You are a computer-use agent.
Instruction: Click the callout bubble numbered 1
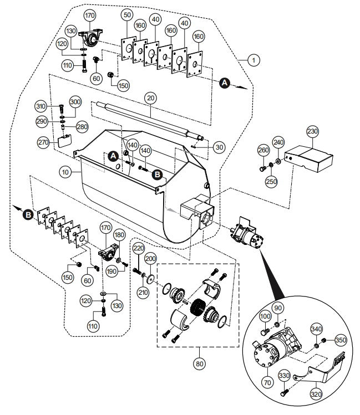point(253,59)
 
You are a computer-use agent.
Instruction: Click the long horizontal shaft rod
point(150,118)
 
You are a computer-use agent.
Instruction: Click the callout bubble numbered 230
point(312,131)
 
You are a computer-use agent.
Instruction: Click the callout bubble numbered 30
point(220,147)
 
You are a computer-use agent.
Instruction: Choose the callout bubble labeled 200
point(150,259)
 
